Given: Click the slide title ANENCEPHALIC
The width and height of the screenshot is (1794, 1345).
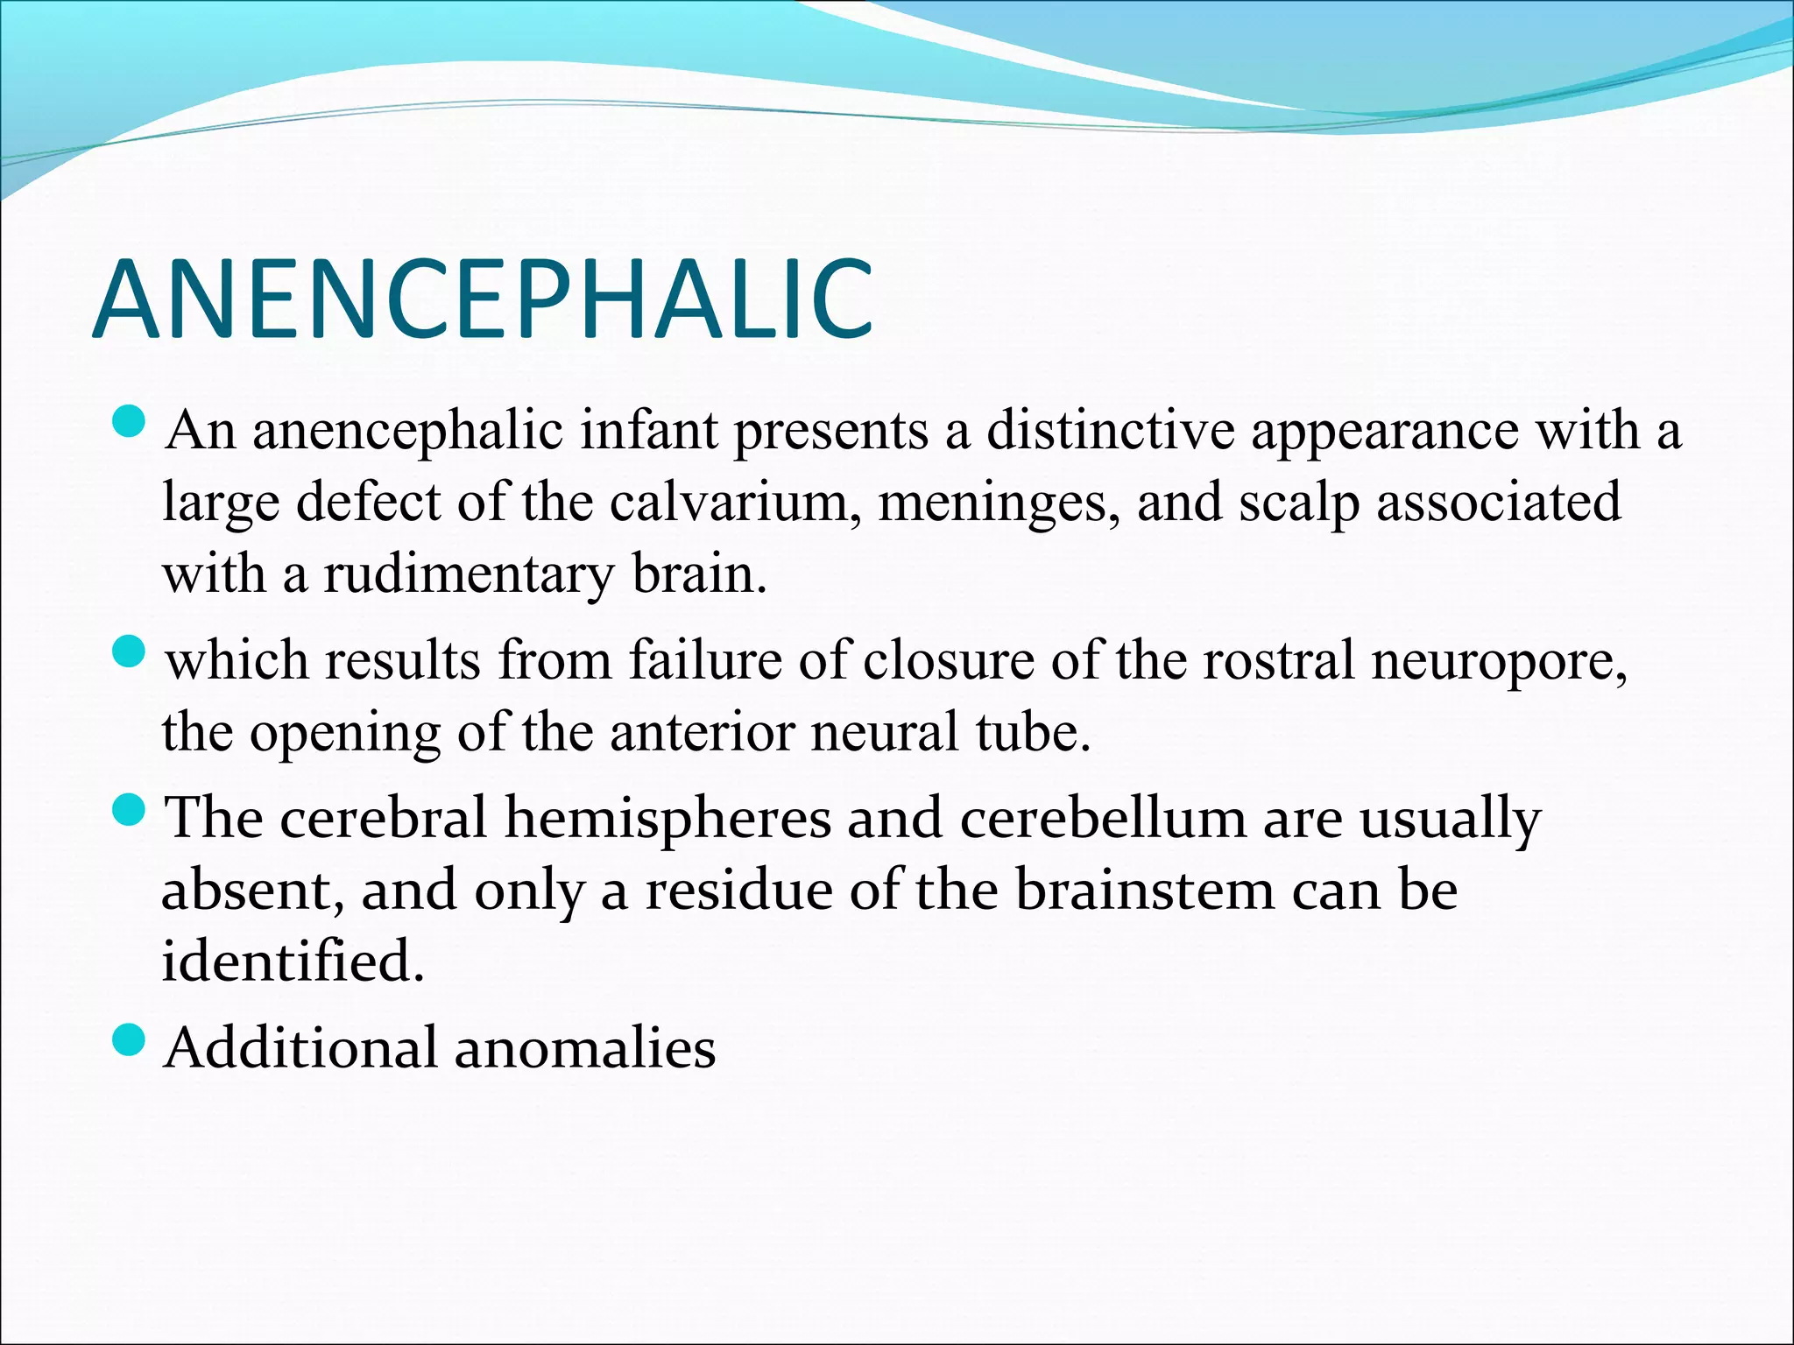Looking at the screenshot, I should click(482, 299).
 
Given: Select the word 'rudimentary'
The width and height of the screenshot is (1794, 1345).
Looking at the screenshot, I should click(470, 576).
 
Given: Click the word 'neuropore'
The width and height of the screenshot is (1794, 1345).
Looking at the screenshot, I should click(1499, 662).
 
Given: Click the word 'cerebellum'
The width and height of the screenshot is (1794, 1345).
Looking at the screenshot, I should click(1103, 819).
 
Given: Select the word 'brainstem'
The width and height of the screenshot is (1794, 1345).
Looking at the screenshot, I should click(1144, 891).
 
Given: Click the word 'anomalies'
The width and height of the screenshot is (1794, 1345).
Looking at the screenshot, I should click(584, 1048).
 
